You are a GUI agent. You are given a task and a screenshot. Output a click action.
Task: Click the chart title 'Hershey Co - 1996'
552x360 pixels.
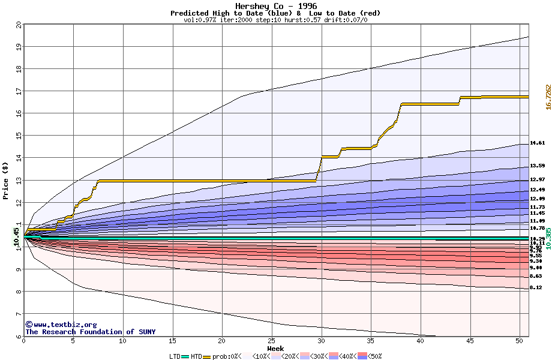275,6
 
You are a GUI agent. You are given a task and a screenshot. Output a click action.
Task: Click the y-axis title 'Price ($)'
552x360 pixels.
5,181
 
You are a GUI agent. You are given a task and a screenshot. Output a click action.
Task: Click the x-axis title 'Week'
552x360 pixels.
275,348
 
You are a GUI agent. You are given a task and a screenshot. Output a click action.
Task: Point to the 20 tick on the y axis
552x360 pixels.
19,25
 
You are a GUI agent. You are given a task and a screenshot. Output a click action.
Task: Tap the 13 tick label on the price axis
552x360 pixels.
19,181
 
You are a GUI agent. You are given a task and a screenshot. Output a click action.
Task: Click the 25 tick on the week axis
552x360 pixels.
272,341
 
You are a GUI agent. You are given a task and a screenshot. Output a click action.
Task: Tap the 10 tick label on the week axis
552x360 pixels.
123,341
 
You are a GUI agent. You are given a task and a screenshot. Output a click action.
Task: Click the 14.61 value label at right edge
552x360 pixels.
537,143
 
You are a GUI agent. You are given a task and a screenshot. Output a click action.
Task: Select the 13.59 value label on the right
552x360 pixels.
537,166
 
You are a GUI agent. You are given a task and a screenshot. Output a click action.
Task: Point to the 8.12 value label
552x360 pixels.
536,287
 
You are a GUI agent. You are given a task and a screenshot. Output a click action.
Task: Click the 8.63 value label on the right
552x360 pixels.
536,276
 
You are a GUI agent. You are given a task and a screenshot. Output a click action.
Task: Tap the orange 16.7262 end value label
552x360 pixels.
548,97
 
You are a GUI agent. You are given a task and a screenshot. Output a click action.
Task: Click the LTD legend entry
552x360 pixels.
175,356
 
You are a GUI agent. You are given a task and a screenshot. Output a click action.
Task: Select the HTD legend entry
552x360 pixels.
196,356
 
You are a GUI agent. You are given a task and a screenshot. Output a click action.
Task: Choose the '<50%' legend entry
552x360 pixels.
374,356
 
